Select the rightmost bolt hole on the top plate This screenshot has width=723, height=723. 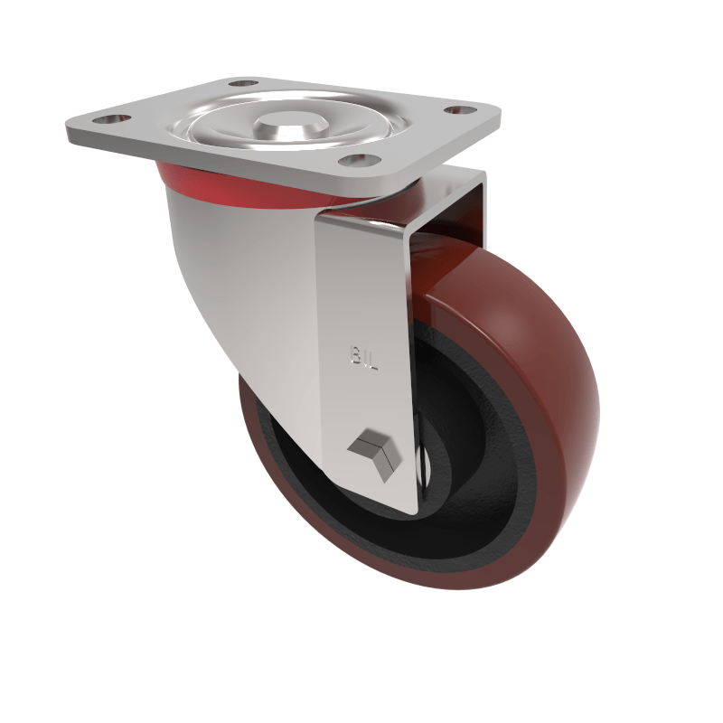click(x=462, y=110)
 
